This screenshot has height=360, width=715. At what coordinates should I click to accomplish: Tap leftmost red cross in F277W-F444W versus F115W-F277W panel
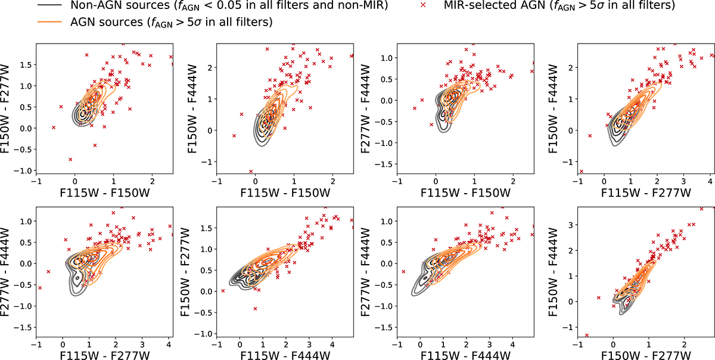point(40,288)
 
